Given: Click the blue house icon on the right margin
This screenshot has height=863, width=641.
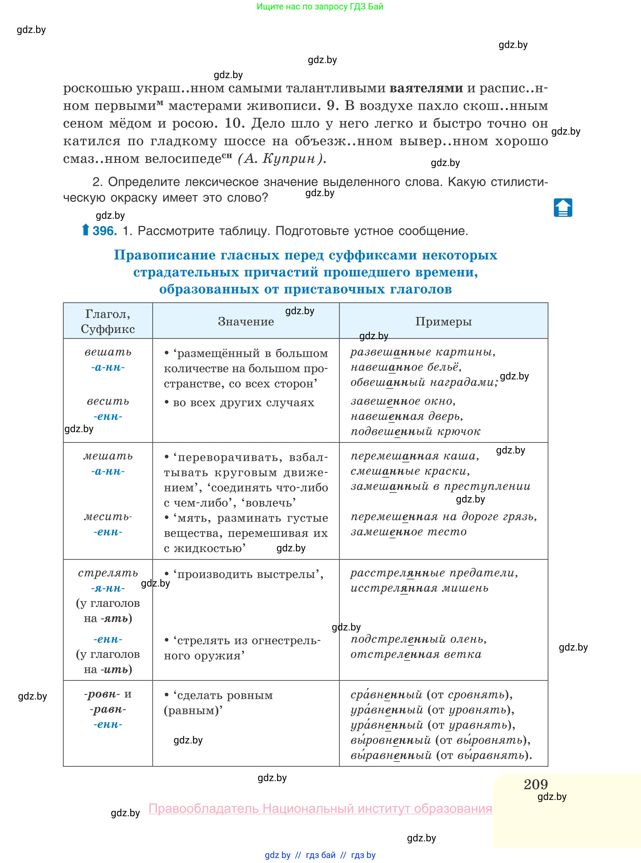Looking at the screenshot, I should pos(563,208).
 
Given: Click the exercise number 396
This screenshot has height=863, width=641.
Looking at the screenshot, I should pos(105,231).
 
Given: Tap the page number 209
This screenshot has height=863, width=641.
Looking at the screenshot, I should pos(536,784).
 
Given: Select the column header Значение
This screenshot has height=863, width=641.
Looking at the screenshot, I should pos(246,321).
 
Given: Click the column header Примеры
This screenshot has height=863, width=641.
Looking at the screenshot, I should pos(443,321).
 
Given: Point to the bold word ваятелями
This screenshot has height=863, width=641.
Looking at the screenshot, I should pos(426,88).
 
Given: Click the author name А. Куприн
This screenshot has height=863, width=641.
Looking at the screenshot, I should pos(282,159).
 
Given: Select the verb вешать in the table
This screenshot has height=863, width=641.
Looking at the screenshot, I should pos(108,352).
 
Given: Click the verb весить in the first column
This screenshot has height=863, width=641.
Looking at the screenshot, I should pos(108,401).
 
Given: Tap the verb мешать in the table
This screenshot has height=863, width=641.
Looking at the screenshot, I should pos(108,456).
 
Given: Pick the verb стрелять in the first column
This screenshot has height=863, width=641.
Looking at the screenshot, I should pos(108,573).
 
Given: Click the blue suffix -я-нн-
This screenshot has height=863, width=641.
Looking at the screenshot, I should pos(108,588).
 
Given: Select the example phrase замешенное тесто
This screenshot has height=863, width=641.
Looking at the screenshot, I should pos(408,532).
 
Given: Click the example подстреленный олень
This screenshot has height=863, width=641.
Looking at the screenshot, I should pos(418,639).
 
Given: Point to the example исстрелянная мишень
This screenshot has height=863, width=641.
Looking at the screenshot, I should pos(419,588).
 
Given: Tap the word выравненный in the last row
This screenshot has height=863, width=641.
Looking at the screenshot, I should pos(391,755).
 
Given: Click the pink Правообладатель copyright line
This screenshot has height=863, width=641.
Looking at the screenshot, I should pos(320,808).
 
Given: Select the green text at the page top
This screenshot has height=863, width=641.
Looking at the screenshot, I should pos(320,7).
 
